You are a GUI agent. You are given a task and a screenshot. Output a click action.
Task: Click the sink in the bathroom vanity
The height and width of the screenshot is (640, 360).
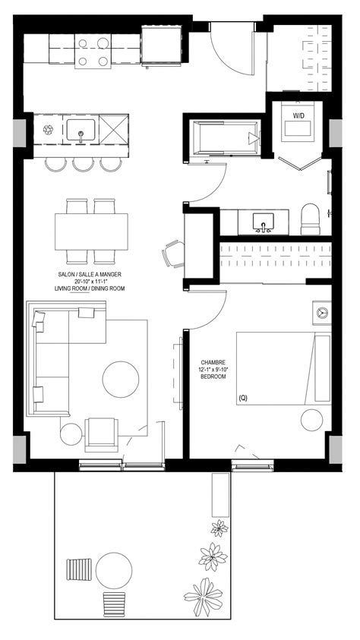point(264,223)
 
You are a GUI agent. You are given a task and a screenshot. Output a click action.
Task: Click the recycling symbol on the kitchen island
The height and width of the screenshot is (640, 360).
point(49,131)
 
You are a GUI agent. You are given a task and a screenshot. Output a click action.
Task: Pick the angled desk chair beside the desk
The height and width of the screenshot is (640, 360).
point(173,254)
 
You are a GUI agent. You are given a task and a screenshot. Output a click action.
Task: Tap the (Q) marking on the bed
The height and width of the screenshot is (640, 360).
point(242,397)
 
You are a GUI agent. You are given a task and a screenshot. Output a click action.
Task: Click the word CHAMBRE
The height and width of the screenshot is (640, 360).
point(212,361)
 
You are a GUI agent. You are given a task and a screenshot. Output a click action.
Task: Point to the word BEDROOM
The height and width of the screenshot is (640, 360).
point(213,377)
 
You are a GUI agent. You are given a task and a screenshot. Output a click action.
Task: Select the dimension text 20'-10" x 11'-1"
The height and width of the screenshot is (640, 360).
point(90,282)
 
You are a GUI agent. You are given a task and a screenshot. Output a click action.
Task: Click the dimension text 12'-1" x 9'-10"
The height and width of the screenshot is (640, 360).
point(213,369)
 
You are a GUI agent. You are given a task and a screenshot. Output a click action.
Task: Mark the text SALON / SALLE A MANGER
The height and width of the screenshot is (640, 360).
point(90,274)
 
